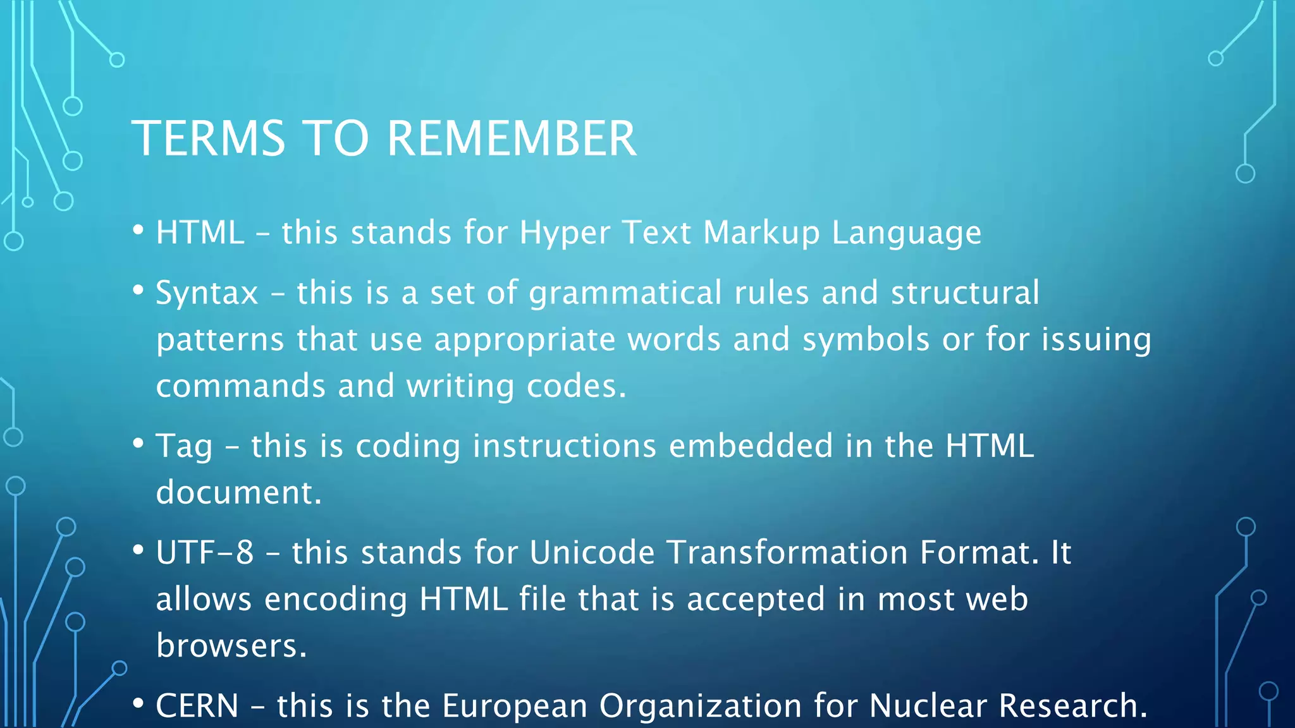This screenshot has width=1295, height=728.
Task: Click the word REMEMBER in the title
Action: coord(511,139)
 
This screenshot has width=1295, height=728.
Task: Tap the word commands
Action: coord(240,386)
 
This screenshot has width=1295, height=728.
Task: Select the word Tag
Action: coord(184,447)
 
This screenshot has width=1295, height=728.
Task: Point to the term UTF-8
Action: coord(205,552)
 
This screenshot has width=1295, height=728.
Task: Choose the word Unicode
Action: coord(592,552)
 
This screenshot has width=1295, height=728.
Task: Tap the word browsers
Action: coord(231,645)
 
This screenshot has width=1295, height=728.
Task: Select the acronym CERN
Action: coord(197,706)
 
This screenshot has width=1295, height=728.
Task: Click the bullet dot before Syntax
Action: coord(138,291)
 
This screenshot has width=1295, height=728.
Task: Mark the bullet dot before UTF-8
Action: coord(138,550)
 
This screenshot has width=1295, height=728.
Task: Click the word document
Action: coord(238,492)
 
